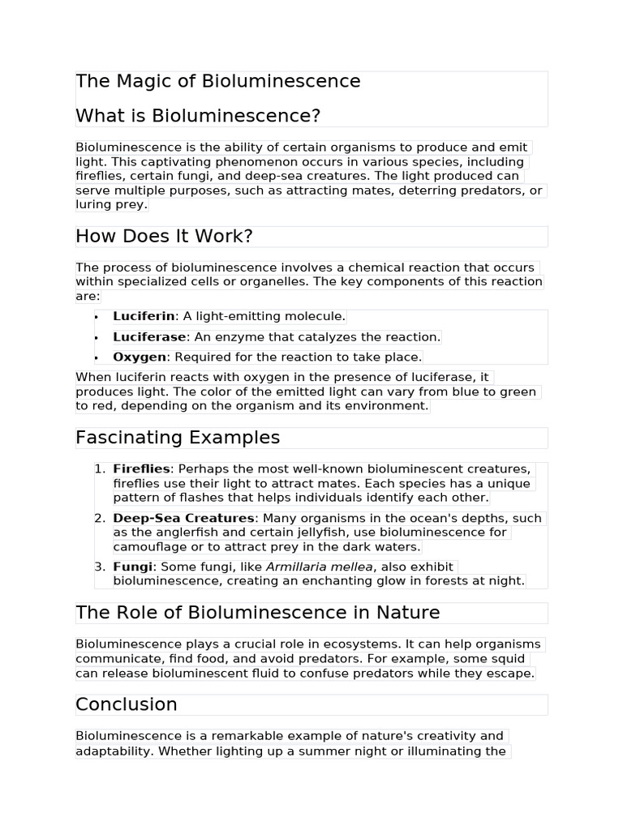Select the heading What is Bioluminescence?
198,116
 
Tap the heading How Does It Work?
164,236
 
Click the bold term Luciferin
144,316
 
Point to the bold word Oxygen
140,357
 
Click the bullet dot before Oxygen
96,357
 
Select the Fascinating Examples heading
178,438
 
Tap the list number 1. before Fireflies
100,468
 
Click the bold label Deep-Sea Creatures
183,518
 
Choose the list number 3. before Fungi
100,567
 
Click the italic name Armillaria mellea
320,567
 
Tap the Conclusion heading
127,704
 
